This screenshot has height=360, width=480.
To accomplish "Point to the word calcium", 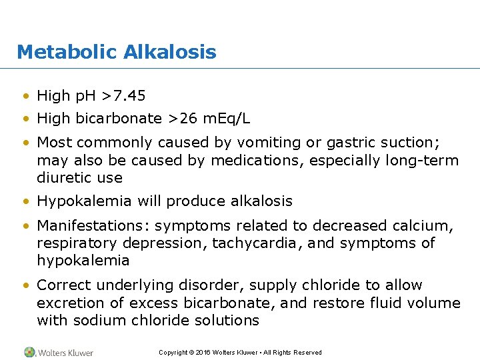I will click(428, 226).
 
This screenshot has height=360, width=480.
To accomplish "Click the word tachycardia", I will click(251, 243).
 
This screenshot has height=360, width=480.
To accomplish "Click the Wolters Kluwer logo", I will click(59, 352).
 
